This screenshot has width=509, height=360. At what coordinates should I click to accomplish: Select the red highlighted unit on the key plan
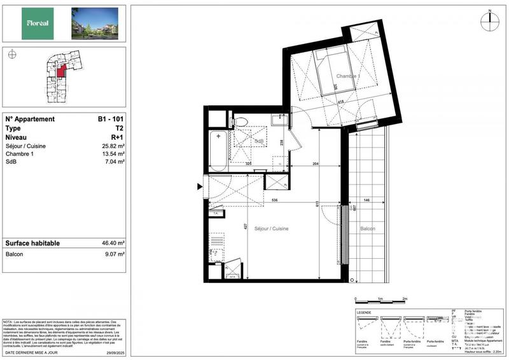[x=60, y=72]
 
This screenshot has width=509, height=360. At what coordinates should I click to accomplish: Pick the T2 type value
[x=119, y=128]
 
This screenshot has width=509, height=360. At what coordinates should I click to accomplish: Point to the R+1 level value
[x=117, y=137]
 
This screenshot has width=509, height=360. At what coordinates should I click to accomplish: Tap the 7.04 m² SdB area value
[x=115, y=163]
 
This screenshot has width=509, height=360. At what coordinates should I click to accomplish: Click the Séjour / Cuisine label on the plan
[x=272, y=228]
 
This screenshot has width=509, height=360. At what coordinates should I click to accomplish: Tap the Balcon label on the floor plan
[x=368, y=229]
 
